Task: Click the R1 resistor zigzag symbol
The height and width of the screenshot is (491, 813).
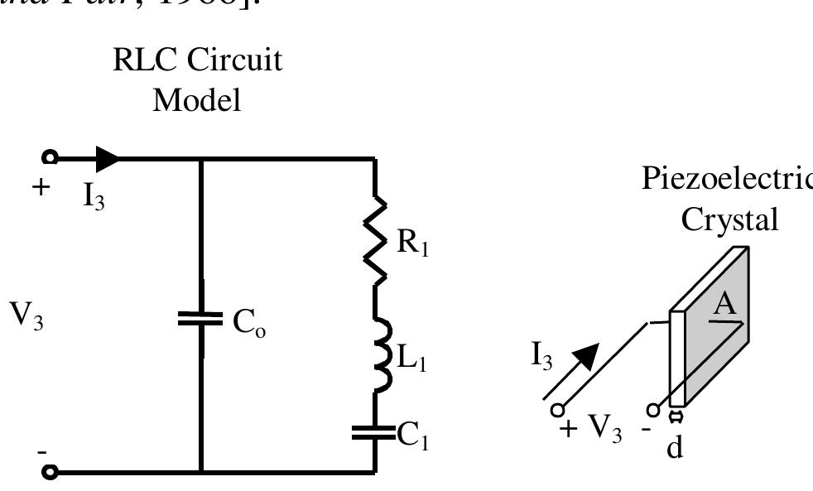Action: [x=377, y=239]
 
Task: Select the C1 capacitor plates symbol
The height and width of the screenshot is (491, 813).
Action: [x=375, y=433]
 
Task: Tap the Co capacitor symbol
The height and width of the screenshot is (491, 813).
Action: [x=201, y=319]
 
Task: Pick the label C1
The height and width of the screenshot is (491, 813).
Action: [x=412, y=436]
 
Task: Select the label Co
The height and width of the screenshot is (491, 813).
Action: [x=249, y=323]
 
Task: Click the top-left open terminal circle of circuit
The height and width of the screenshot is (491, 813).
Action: [x=51, y=157]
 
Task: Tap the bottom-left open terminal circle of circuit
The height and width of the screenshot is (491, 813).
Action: [x=51, y=473]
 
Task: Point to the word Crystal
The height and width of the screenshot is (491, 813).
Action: [x=729, y=219]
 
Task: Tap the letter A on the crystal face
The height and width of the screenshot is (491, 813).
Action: [x=725, y=306]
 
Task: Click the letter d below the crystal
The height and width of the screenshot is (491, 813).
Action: [x=675, y=451]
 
